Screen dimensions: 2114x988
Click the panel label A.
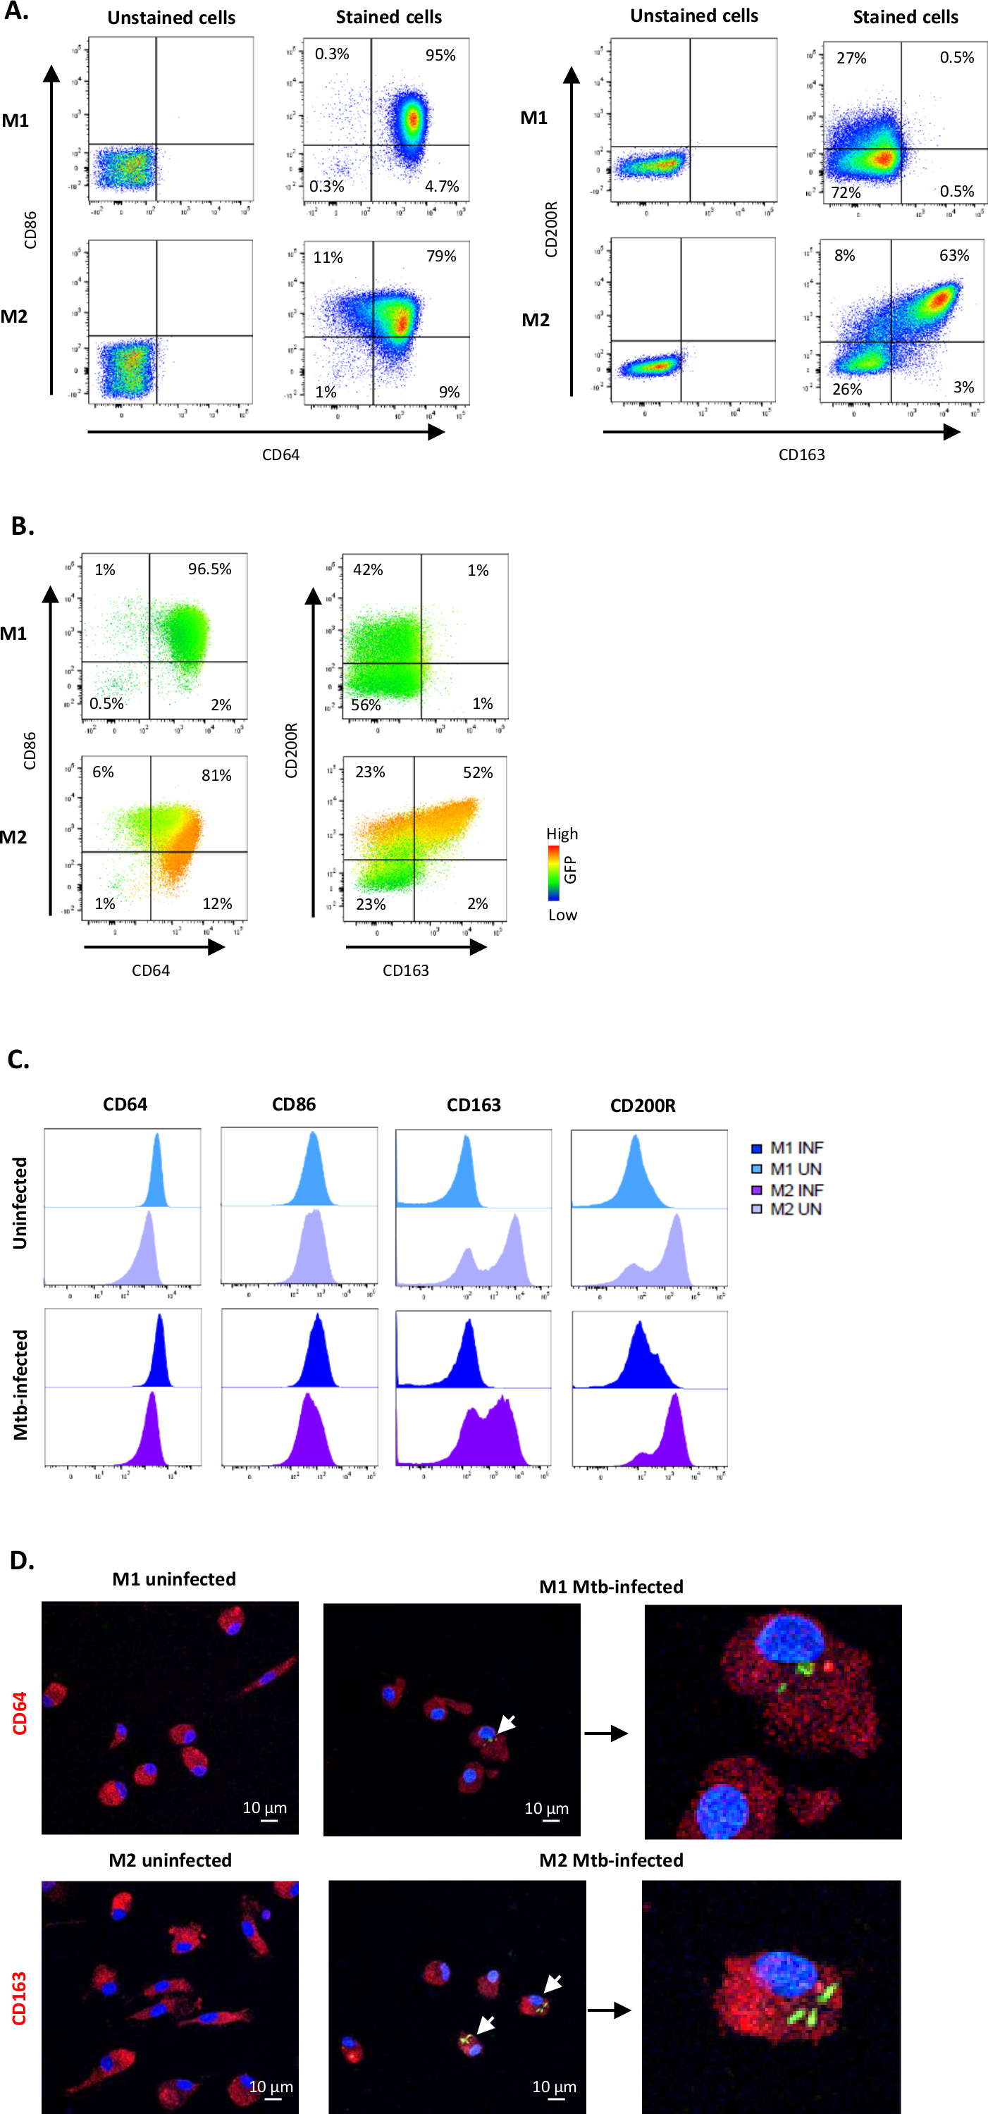tap(16, 11)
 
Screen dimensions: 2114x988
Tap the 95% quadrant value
tap(440, 55)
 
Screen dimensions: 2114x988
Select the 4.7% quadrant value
tap(441, 186)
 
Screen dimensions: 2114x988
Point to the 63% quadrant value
tap(953, 255)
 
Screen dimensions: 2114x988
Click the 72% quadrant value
tap(845, 192)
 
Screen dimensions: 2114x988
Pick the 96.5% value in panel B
tap(209, 569)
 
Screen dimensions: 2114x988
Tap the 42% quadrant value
tap(368, 569)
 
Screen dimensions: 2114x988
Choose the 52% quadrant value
tap(478, 772)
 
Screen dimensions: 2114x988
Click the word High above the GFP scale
tap(562, 834)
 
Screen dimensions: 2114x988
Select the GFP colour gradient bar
tap(554, 873)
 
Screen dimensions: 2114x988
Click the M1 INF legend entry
tap(787, 1147)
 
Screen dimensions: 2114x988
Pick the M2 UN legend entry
tap(787, 1209)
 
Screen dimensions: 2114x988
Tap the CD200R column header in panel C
tap(643, 1106)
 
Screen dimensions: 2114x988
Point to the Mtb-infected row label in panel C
tap(20, 1385)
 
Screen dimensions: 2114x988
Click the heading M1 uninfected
tap(174, 1579)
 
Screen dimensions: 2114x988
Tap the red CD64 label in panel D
tap(20, 1713)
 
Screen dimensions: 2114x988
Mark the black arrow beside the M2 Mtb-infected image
tap(609, 2010)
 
